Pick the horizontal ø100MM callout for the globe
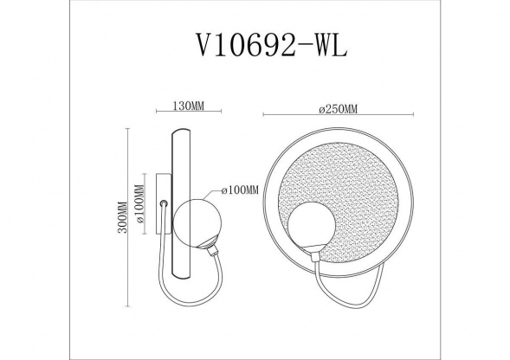[x=241, y=190]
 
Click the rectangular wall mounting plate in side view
[x=162, y=205]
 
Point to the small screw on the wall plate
[x=163, y=204]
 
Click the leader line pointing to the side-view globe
[x=213, y=196]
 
